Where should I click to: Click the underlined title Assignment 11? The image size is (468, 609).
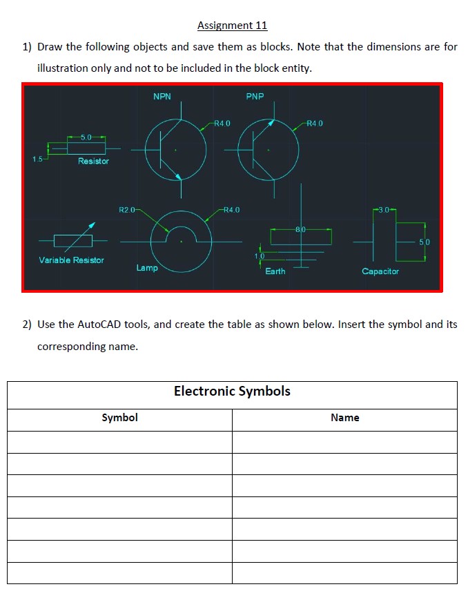click(x=232, y=26)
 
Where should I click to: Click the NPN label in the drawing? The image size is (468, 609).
click(x=162, y=97)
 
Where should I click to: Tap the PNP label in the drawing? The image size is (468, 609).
click(x=255, y=97)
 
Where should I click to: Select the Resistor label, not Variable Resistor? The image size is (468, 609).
click(x=93, y=161)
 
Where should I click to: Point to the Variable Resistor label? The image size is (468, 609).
click(x=71, y=260)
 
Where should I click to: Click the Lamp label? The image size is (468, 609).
click(x=147, y=268)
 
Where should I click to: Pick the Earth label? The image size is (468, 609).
click(x=275, y=271)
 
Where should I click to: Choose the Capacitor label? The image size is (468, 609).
click(x=380, y=271)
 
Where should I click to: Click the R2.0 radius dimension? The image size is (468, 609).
click(x=128, y=209)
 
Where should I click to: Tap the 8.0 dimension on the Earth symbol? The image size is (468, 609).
click(x=300, y=229)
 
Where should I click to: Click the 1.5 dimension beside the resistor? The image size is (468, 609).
click(x=38, y=159)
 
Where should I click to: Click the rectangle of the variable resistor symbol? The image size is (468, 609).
click(x=72, y=240)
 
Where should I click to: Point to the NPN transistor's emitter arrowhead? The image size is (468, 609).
click(x=179, y=176)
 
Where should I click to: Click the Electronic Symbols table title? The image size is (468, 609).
click(x=232, y=391)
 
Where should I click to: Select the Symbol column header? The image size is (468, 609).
click(x=119, y=418)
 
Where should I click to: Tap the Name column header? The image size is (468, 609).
click(x=344, y=418)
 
